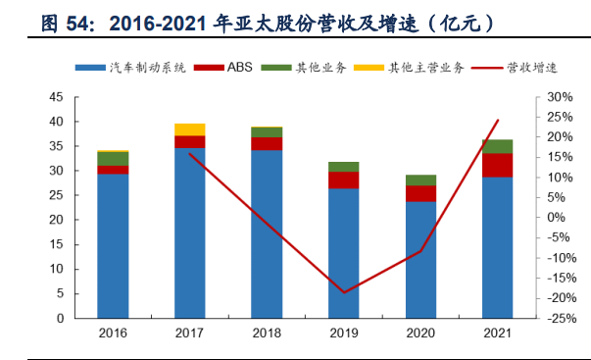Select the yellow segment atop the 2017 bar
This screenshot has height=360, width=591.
pyautogui.click(x=189, y=129)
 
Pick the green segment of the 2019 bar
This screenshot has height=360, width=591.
pyautogui.click(x=343, y=167)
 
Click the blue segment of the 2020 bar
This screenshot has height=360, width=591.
pyautogui.click(x=420, y=259)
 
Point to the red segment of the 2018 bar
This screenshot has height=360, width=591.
pyautogui.click(x=267, y=143)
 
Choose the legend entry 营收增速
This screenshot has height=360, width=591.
pyautogui.click(x=514, y=68)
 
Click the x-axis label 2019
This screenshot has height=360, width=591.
pyautogui.click(x=343, y=334)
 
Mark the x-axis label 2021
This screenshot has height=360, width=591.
pyautogui.click(x=497, y=334)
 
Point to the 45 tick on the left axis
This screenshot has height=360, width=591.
pyautogui.click(x=56, y=97)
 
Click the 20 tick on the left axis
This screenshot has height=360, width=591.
pyautogui.click(x=56, y=220)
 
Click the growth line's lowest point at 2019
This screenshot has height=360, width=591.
pyautogui.click(x=343, y=292)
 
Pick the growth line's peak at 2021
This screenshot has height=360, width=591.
pyautogui.click(x=498, y=121)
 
